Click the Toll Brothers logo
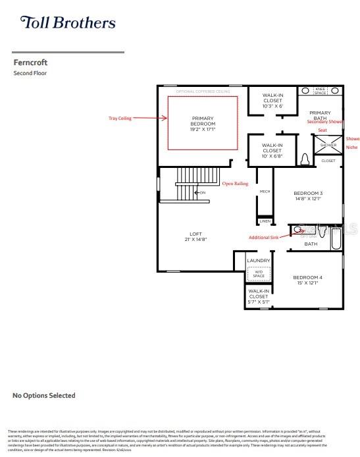coord(68,23)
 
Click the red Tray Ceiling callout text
coord(120,119)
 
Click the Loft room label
coord(195,236)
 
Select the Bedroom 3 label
coord(308,196)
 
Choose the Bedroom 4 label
coord(308,281)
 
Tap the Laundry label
coord(258,261)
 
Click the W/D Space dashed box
coord(258,273)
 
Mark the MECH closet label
coord(265,192)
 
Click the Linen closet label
coord(265,221)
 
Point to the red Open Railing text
coord(235,184)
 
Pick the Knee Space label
coord(321,90)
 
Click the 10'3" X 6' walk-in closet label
coord(272,101)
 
